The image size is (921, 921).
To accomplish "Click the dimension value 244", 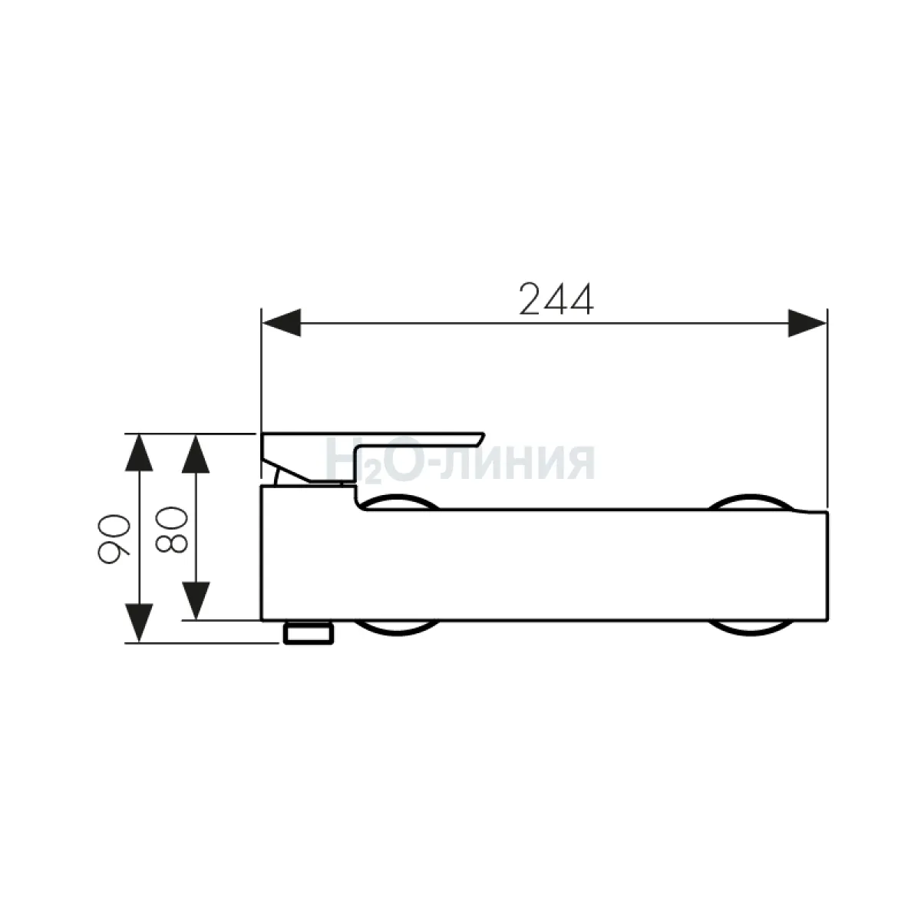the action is [556, 299].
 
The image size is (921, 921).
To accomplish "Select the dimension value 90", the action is [114, 538].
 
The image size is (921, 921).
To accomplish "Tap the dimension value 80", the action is [171, 530].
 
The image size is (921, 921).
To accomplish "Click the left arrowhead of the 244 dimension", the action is [282, 322].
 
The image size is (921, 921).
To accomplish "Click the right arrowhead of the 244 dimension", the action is [807, 322].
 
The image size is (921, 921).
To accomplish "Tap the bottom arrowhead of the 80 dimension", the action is [196, 601].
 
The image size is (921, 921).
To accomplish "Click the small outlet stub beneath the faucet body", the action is [309, 633].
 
